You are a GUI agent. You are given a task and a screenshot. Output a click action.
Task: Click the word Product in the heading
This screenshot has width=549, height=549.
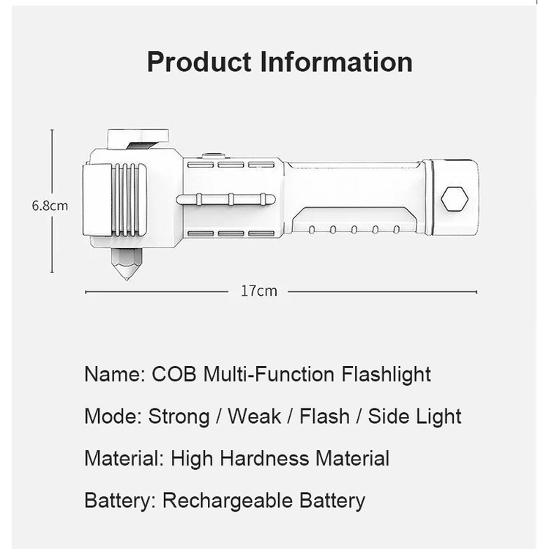tap(199, 61)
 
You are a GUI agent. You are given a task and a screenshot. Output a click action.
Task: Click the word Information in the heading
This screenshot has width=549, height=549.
tap(337, 61)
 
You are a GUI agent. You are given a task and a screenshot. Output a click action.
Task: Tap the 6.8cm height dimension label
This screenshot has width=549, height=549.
tap(50, 206)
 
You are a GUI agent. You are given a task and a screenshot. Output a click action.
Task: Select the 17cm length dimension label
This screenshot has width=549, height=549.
tap(258, 291)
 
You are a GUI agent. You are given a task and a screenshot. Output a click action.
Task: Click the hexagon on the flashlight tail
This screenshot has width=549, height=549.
tap(455, 199)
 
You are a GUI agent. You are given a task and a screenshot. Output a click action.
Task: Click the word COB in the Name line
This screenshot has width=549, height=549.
tap(174, 374)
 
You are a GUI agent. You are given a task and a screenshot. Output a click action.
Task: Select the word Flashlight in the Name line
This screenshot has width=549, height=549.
tap(386, 375)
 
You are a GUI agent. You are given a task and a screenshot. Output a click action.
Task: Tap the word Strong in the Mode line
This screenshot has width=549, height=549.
tap(179, 417)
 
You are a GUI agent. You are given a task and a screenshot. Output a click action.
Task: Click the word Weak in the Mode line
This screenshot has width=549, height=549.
tap(254, 417)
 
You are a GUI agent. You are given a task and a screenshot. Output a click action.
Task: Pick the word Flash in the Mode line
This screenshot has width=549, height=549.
tap(324, 417)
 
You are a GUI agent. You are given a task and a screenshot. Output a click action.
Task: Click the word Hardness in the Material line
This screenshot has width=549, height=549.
tap(265, 458)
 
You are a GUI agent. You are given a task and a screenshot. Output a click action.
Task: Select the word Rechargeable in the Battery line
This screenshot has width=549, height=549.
tap(228, 501)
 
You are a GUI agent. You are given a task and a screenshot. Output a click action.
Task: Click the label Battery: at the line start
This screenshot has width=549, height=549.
tap(120, 501)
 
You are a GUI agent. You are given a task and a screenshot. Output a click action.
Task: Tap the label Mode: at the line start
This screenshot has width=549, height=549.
tap(113, 417)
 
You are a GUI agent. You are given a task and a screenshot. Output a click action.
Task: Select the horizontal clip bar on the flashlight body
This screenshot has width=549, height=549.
tap(226, 200)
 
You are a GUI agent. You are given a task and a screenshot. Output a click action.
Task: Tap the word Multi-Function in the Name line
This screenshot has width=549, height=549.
tap(269, 374)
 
